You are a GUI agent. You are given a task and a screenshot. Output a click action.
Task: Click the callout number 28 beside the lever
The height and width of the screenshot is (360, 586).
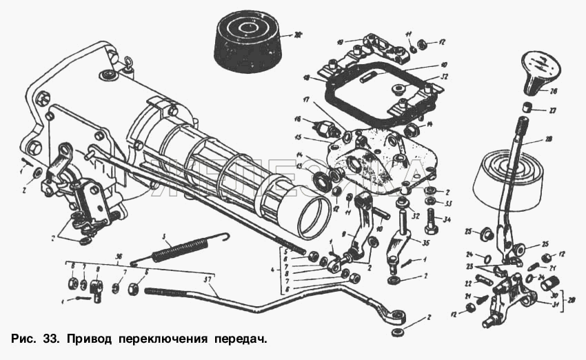click(548, 139)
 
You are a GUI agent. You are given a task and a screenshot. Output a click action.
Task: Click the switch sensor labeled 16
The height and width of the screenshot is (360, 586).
click(323, 129)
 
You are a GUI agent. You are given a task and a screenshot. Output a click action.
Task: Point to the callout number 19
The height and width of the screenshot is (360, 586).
click(339, 43)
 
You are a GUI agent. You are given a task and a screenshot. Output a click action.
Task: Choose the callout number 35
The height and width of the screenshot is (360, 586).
click(426, 243)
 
